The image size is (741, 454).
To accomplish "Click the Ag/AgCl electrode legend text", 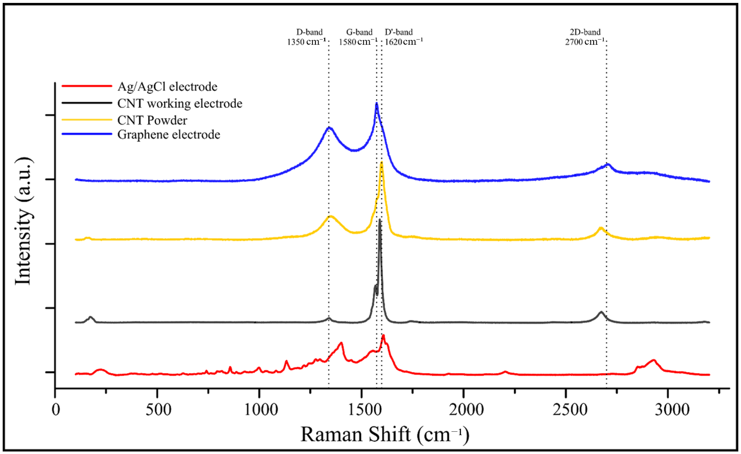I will click(167, 87).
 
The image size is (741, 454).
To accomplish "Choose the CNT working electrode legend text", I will click(179, 104).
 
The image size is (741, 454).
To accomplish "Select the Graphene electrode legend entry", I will click(168, 134).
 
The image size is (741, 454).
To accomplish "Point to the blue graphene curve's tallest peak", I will click(376, 104).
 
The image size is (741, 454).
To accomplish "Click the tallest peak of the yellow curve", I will click(381, 163).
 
